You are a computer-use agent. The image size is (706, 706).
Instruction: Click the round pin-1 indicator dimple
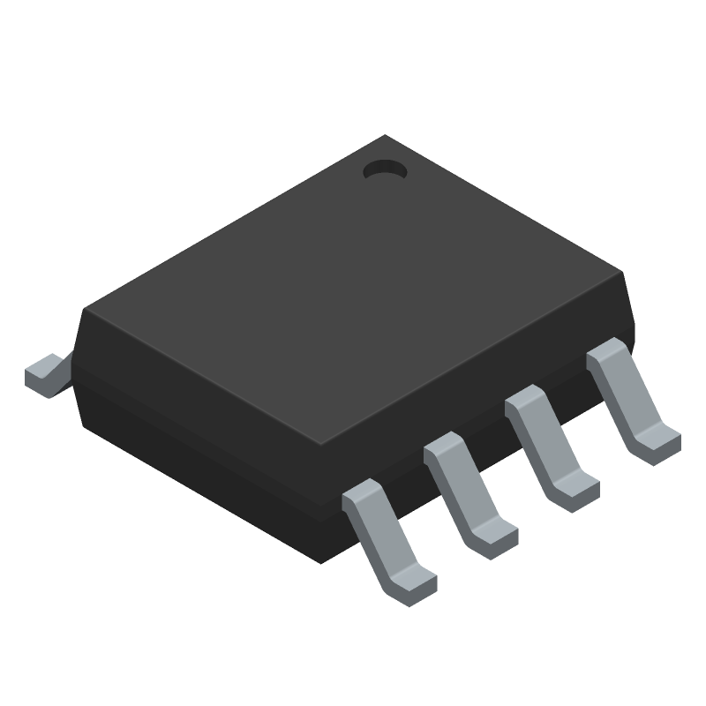pyautogui.click(x=384, y=170)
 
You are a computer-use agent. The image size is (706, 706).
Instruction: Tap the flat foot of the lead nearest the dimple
pyautogui.click(x=657, y=442)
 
